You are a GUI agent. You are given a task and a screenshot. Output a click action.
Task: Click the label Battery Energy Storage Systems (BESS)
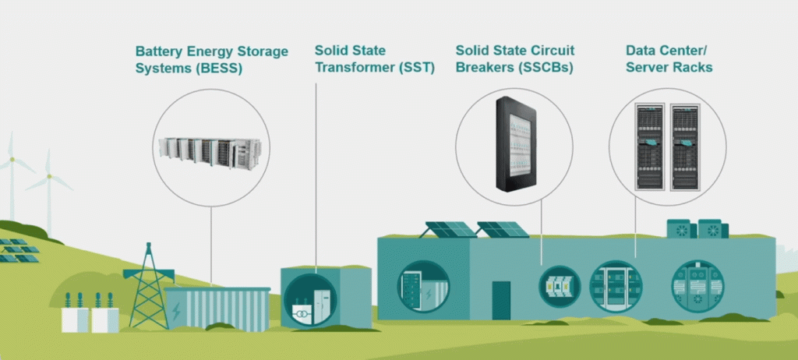(212, 59)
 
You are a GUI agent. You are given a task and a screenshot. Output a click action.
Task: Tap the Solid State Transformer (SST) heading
(375, 59)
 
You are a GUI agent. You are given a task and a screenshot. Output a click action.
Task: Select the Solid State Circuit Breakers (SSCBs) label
(515, 59)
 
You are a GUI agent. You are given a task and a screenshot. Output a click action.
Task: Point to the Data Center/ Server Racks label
(669, 59)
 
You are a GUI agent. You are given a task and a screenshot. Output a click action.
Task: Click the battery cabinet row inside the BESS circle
(210, 151)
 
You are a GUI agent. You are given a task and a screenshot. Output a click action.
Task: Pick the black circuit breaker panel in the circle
(517, 144)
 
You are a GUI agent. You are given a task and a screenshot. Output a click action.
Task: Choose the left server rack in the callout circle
(650, 146)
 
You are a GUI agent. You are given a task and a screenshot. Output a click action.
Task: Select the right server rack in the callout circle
(685, 146)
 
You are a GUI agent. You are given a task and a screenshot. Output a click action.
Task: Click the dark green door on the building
(501, 301)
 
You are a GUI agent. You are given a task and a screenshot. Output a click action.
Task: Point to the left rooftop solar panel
(449, 230)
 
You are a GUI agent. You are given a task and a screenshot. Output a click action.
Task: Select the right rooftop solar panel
(503, 230)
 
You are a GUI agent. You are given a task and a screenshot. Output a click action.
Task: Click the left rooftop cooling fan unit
(681, 228)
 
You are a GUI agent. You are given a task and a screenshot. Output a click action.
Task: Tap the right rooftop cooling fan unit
(713, 228)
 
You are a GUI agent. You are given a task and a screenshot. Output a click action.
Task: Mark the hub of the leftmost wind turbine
(11, 160)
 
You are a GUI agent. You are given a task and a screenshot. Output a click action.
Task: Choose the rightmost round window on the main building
(697, 286)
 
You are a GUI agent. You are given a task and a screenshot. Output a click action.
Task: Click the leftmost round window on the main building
(423, 286)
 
